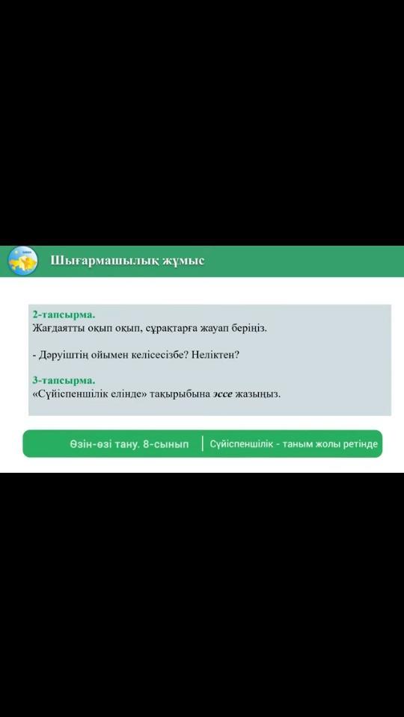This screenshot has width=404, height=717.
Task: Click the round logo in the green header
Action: click(23, 261)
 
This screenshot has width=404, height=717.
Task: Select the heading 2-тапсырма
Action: click(64, 314)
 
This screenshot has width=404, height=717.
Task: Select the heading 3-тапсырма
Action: click(64, 380)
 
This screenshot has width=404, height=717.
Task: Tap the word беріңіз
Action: click(251, 329)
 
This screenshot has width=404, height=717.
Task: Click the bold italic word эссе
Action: click(222, 394)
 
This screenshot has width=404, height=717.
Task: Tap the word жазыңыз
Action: click(257, 394)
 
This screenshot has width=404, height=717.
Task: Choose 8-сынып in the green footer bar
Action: click(165, 444)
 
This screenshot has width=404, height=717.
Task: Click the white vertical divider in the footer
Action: click(203, 444)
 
